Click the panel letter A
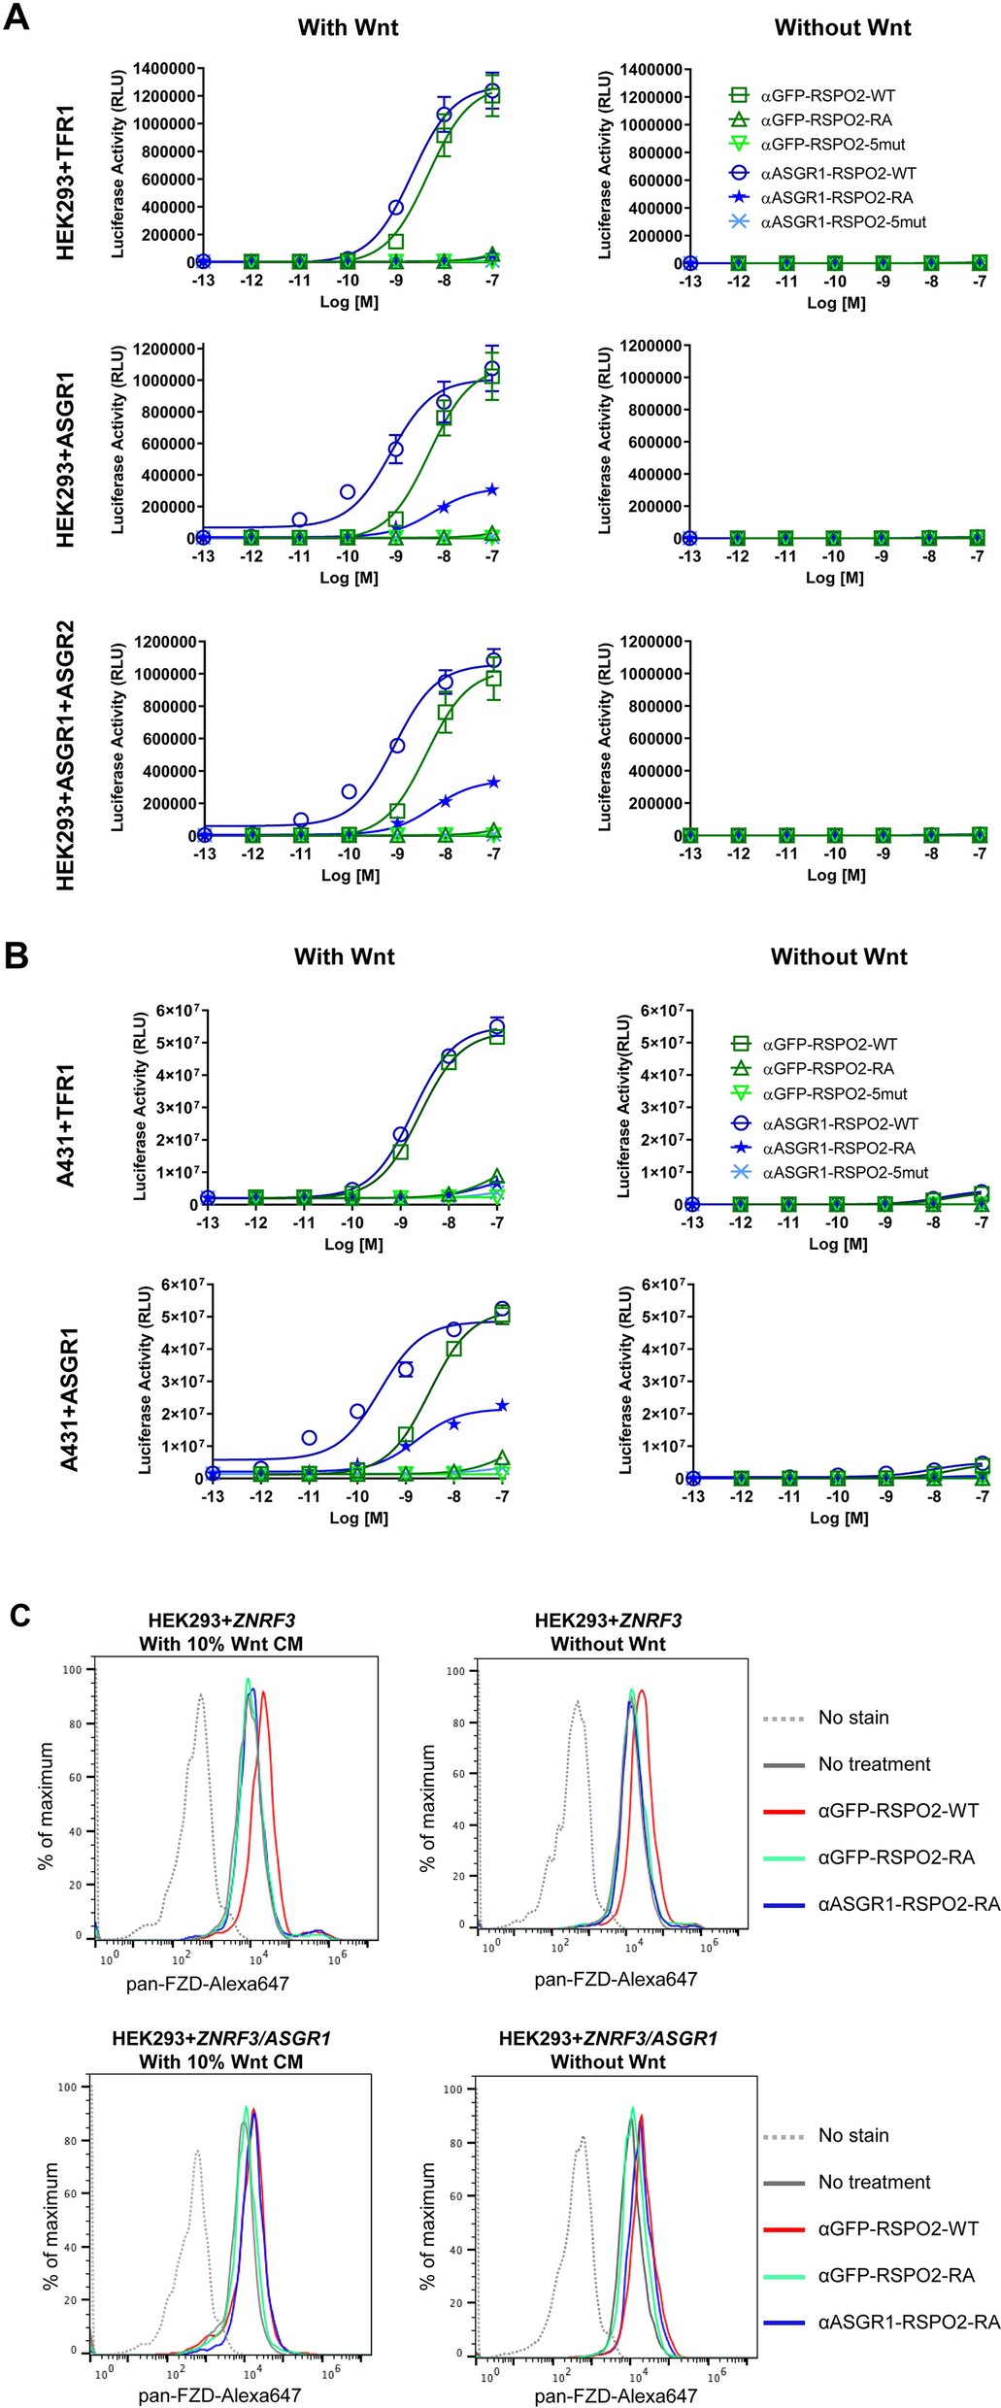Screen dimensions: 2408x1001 click(x=17, y=17)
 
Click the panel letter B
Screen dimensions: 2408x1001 click(x=17, y=955)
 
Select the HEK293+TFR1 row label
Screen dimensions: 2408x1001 click(x=66, y=183)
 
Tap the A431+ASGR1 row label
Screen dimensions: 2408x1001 click(x=69, y=1399)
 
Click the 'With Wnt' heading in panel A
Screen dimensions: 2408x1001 click(x=348, y=27)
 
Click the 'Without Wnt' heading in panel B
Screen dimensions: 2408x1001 click(x=839, y=956)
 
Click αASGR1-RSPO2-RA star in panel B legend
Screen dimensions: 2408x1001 click(x=741, y=1148)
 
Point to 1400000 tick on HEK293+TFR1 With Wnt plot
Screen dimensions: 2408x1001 click(x=164, y=68)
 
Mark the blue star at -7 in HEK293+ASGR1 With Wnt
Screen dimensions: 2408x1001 click(x=492, y=490)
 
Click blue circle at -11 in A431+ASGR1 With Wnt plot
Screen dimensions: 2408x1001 click(x=309, y=1437)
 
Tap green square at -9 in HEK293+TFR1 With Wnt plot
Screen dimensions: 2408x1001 click(x=396, y=241)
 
